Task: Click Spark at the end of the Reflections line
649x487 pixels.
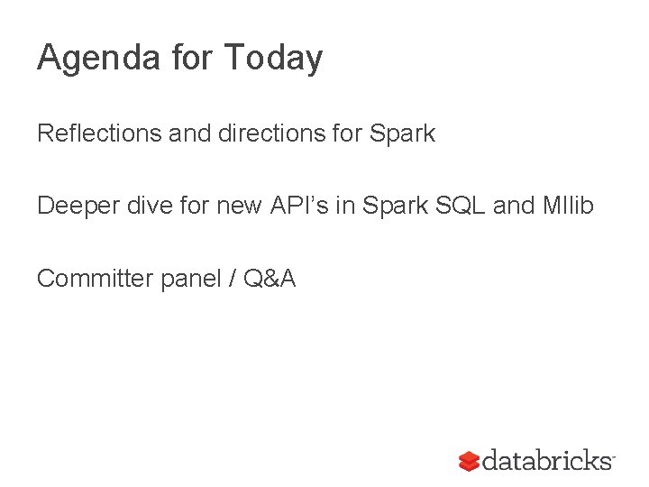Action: click(402, 134)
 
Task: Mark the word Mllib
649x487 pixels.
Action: click(568, 206)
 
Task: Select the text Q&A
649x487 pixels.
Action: click(269, 279)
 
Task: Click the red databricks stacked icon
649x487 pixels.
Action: click(469, 461)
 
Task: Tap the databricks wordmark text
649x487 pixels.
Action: click(547, 461)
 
